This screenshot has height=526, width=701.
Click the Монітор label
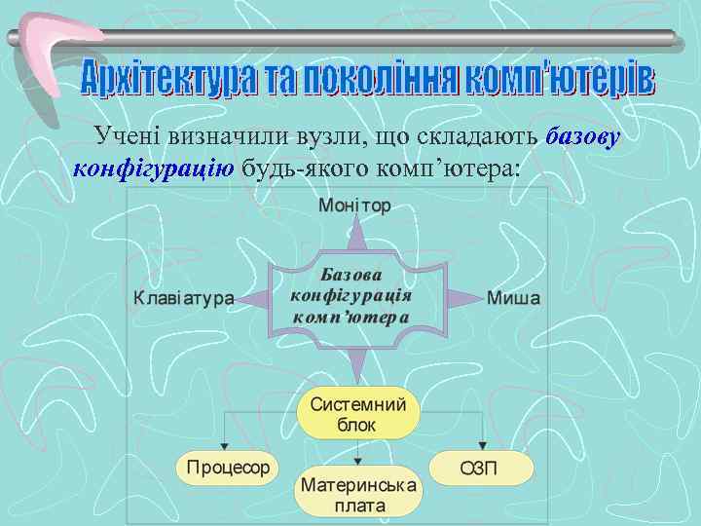tap(354, 207)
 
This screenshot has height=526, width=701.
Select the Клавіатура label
tap(184, 298)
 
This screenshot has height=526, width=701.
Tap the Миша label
tap(513, 298)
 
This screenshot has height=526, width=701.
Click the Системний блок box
tap(357, 416)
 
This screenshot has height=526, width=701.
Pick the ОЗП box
tap(482, 469)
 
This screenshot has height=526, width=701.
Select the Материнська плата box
tap(358, 495)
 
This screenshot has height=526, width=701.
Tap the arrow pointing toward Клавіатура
tap(252, 298)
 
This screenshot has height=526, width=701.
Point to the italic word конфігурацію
tap(152, 167)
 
